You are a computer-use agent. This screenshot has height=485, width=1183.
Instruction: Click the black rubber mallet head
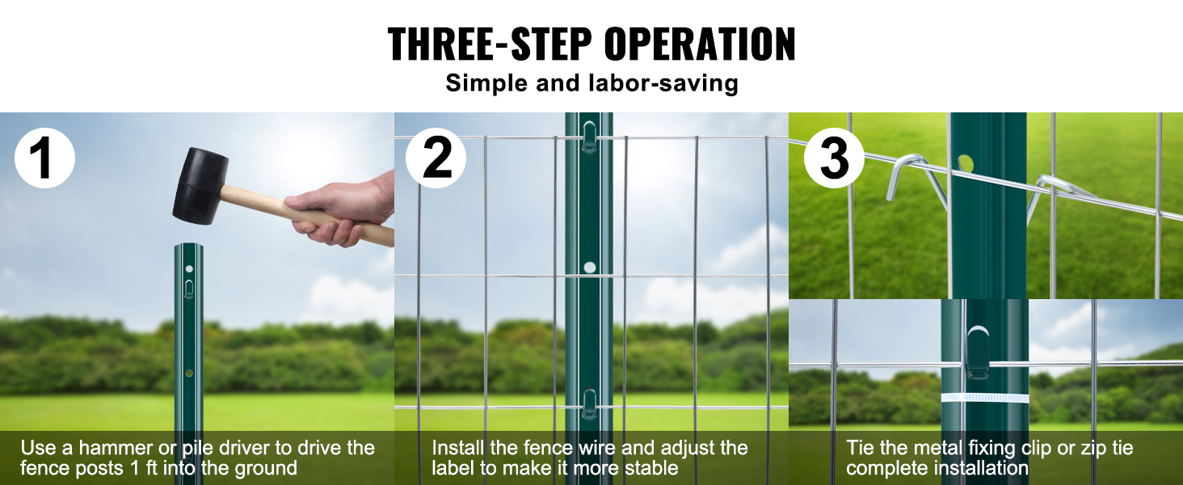click(x=200, y=185)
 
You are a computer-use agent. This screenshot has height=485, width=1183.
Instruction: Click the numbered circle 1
click(x=45, y=158)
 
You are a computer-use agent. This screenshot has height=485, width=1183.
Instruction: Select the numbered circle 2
click(x=436, y=158)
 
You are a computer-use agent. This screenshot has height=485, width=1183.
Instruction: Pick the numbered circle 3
click(x=834, y=158)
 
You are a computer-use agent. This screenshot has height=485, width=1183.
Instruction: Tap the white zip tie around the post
click(x=985, y=399)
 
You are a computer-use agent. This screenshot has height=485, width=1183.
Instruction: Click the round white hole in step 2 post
click(x=589, y=268)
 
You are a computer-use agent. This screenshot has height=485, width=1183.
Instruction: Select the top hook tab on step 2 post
click(x=589, y=137)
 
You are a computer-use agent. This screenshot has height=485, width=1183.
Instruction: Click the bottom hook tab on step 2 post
click(x=589, y=404)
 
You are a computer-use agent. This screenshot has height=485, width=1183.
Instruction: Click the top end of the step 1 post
click(x=188, y=244)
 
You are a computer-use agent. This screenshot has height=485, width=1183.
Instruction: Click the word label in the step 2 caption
click(x=453, y=468)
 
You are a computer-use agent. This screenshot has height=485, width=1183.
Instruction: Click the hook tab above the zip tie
click(x=978, y=352)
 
